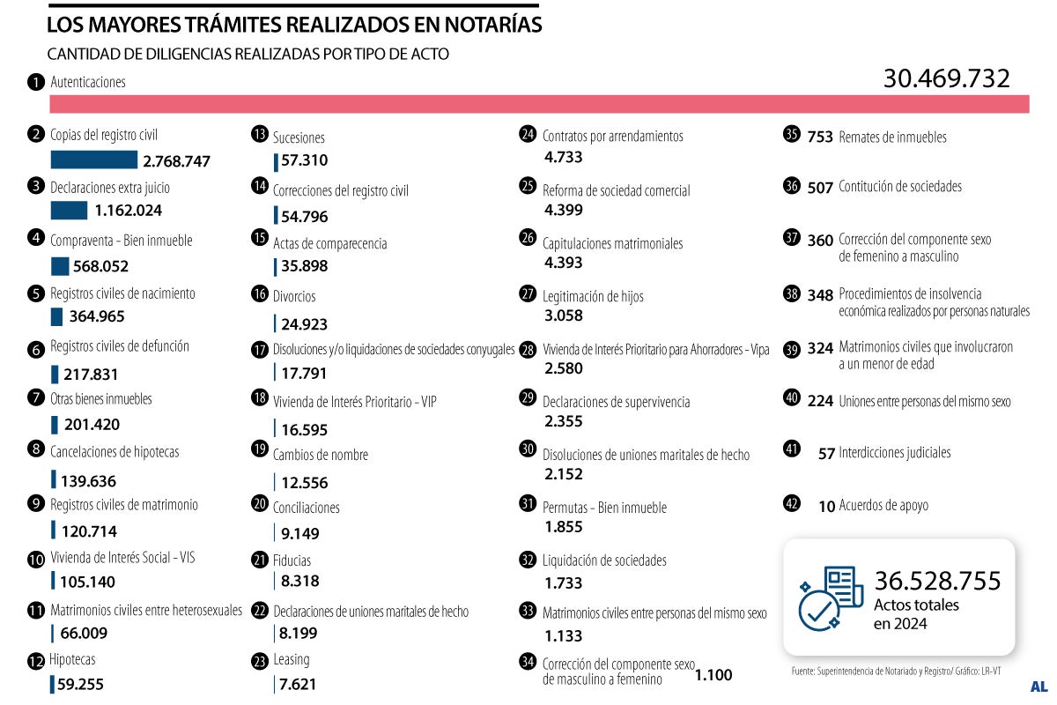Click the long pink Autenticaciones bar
point(539,104)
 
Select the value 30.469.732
point(946,78)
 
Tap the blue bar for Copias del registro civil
point(93,160)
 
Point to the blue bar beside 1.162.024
point(69,211)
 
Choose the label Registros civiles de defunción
point(120,346)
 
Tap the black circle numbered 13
point(259,135)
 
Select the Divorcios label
point(294,296)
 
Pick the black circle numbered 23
point(259,660)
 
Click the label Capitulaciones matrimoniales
point(612,243)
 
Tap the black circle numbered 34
point(528,662)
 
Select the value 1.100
point(713,676)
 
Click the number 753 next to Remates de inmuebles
point(820,137)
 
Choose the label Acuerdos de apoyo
point(883,505)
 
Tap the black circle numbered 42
point(792,504)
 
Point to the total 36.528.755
point(937,581)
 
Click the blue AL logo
point(1039,686)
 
